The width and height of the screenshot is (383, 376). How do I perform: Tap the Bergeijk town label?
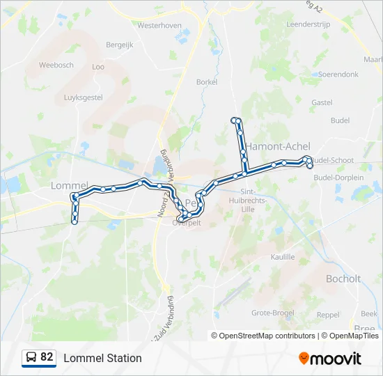pos(118,45)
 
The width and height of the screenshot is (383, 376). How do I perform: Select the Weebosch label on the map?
pos(56,65)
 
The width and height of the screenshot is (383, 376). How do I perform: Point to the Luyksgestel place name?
pos(83,98)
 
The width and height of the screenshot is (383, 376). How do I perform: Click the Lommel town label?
pos(68,185)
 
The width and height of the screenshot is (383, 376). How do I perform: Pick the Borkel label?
pos(207,81)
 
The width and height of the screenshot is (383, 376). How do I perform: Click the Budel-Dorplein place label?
pos(339,178)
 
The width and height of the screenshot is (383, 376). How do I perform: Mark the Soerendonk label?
pos(338,74)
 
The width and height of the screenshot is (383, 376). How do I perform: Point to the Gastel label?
pos(322,102)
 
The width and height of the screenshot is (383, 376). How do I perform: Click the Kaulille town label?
pos(283,257)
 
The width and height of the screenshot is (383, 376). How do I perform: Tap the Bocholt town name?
pos(343,279)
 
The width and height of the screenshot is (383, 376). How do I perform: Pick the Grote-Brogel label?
pos(272,313)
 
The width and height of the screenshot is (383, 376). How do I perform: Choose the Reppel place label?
pos(328,315)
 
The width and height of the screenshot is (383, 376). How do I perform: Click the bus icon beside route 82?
pos(31,358)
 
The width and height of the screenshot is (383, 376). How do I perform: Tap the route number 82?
pos(47,357)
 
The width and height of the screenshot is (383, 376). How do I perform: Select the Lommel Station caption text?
pos(102,358)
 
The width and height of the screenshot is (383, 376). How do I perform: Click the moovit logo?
pos(330,359)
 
